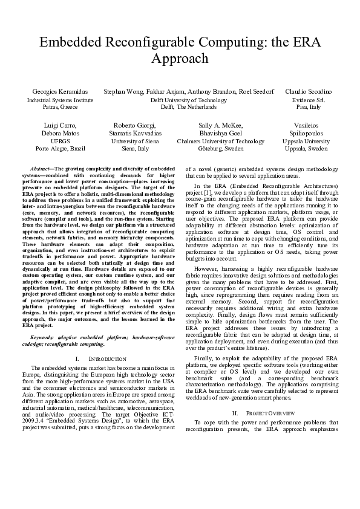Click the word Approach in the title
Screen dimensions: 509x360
(180, 59)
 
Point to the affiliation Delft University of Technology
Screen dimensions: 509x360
(188, 99)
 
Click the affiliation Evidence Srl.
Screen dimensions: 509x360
(308, 99)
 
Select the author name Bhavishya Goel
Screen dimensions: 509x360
(220, 132)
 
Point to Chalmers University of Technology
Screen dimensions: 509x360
(220, 141)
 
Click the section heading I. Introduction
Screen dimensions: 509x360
(102, 358)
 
